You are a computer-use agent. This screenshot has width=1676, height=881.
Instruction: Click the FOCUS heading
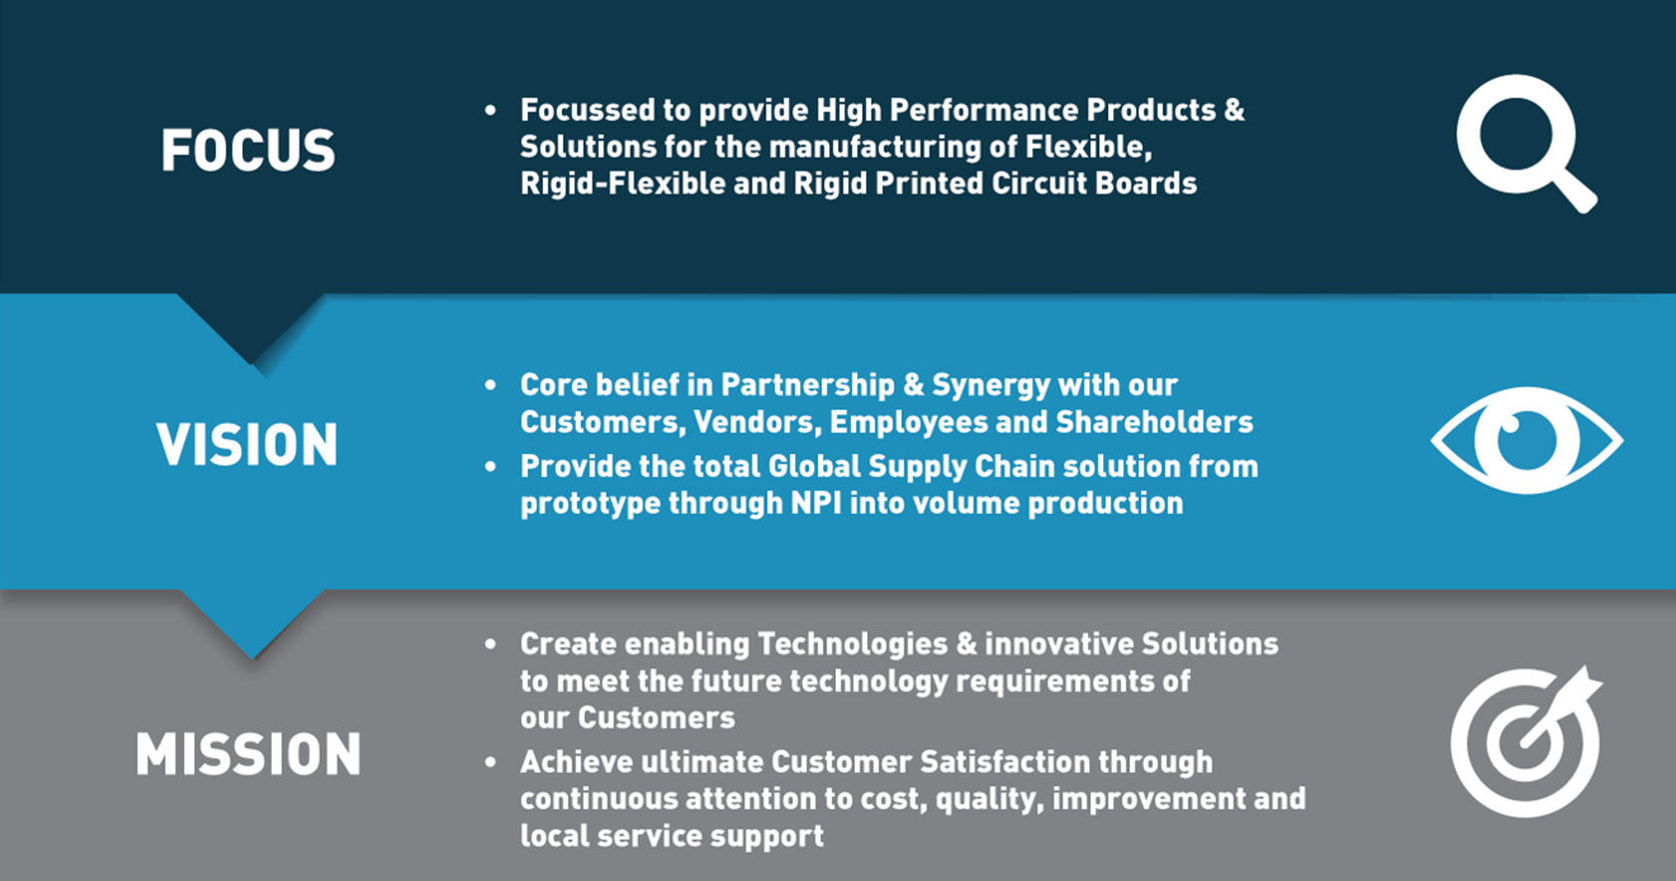pyautogui.click(x=248, y=149)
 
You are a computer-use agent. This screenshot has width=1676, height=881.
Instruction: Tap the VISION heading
pyautogui.click(x=247, y=443)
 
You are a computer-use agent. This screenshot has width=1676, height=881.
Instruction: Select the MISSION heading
pyautogui.click(x=248, y=753)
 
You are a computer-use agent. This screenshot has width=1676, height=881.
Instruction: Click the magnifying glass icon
pyautogui.click(x=1527, y=143)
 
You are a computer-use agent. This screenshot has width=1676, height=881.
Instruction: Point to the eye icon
pyautogui.click(x=1527, y=440)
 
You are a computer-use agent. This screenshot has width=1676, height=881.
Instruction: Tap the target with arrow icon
pyautogui.click(x=1527, y=741)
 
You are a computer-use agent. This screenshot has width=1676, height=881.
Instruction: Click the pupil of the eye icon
pyautogui.click(x=1527, y=440)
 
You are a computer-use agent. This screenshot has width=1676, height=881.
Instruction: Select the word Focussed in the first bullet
pyautogui.click(x=587, y=110)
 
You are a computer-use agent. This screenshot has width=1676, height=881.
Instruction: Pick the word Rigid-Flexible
pyautogui.click(x=623, y=183)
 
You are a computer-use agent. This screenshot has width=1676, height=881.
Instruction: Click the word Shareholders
pyautogui.click(x=1154, y=423)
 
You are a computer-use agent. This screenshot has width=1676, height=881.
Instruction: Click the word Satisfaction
pyautogui.click(x=1004, y=762)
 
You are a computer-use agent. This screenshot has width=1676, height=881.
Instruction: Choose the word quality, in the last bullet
pyautogui.click(x=989, y=799)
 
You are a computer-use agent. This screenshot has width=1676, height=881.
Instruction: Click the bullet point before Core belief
pyautogui.click(x=490, y=386)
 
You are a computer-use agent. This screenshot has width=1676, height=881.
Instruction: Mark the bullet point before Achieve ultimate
pyautogui.click(x=490, y=762)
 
